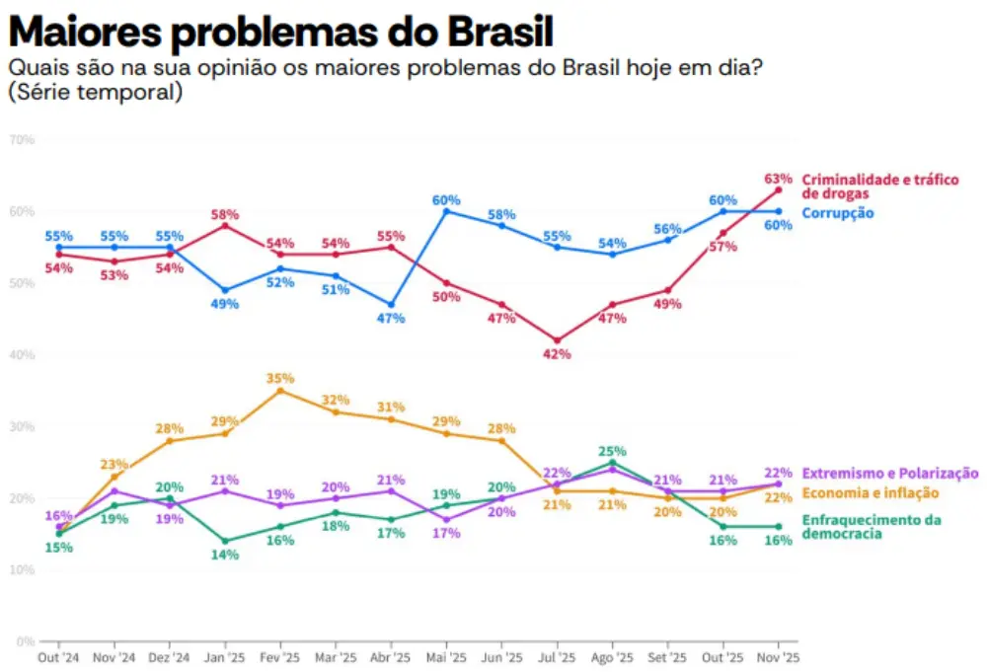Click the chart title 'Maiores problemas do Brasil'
[x=280, y=33]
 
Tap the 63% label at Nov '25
[x=779, y=179]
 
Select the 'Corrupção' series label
[x=837, y=213]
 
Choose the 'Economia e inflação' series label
[x=870, y=493]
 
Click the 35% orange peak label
[x=280, y=378]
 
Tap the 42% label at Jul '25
[x=557, y=354]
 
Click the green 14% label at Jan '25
[x=225, y=556]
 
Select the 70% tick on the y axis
[x=22, y=140]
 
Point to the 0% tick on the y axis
[x=25, y=641]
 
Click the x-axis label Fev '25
[x=279, y=657]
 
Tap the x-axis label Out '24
[x=58, y=657]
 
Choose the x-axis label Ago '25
[x=612, y=657]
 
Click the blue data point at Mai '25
[x=446, y=211]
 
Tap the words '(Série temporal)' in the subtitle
[x=95, y=93]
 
